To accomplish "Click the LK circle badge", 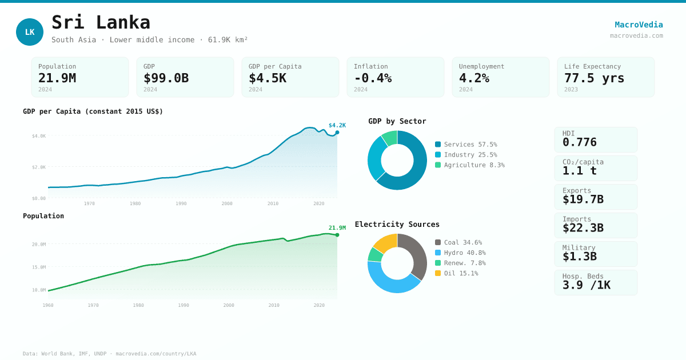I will pyautogui.click(x=30, y=32).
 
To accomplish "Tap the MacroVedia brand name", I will pyautogui.click(x=639, y=25).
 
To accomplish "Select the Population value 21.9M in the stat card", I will pyautogui.click(x=57, y=78).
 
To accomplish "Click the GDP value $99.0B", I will pyautogui.click(x=166, y=78).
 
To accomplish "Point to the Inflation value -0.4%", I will pyautogui.click(x=373, y=78).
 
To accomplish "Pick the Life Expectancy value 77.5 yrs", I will pyautogui.click(x=594, y=78).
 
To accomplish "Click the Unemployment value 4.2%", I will pyautogui.click(x=474, y=78).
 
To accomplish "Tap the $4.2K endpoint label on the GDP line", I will pyautogui.click(x=337, y=126).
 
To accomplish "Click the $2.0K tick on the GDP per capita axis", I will pyautogui.click(x=39, y=167).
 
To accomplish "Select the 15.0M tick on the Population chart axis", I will pyautogui.click(x=39, y=267).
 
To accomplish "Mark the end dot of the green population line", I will pyautogui.click(x=337, y=235).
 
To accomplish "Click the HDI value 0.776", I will pyautogui.click(x=580, y=142).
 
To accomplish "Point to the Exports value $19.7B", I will pyautogui.click(x=583, y=199).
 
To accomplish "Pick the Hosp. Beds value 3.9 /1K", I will pyautogui.click(x=587, y=285).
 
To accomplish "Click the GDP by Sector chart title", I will pyautogui.click(x=397, y=121).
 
